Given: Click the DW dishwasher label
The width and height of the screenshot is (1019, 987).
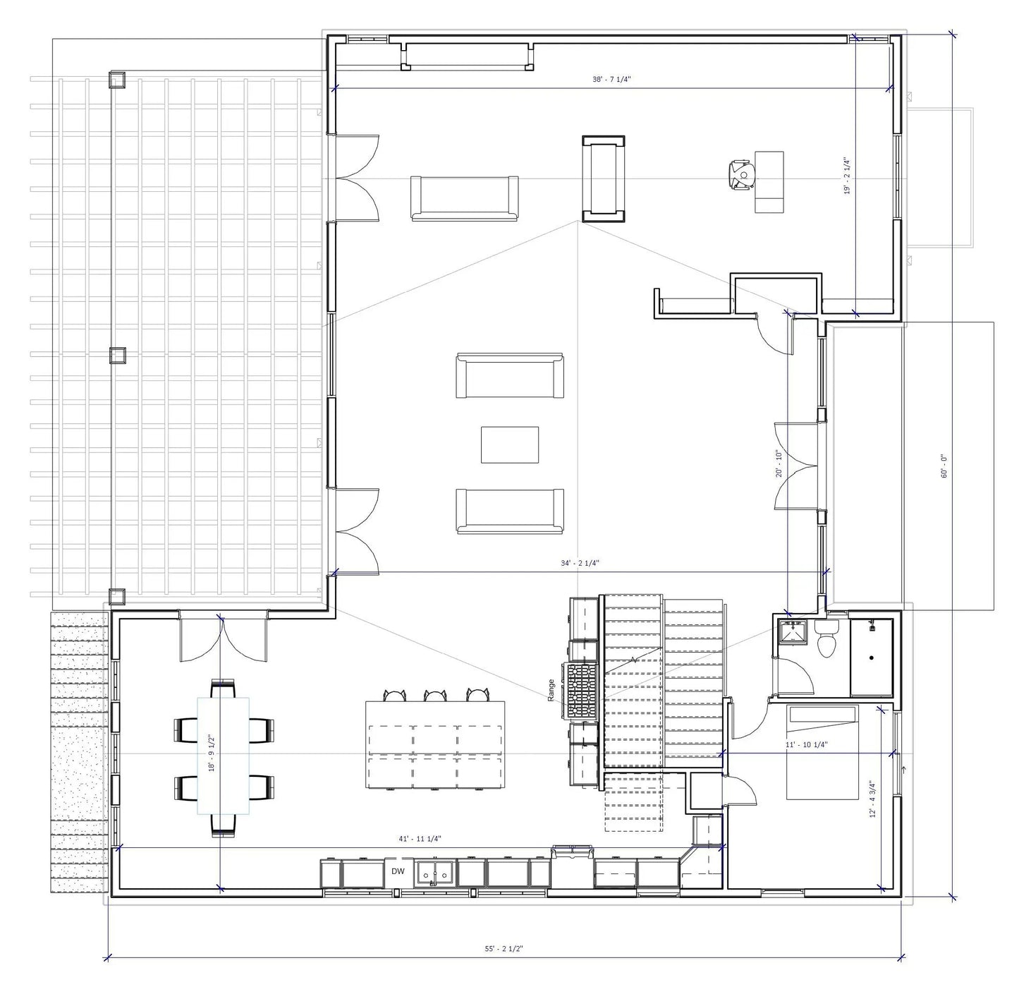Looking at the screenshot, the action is tap(398, 872).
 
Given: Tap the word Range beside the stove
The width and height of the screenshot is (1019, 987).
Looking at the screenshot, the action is tap(551, 691).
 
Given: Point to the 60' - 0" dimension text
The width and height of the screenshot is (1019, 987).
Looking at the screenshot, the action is tap(945, 466).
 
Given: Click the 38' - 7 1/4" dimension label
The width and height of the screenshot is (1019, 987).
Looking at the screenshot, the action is tap(611, 79).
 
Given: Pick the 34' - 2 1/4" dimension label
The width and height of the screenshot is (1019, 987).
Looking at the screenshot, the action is tap(580, 563).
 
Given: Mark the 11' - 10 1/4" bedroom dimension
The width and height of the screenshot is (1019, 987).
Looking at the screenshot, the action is tap(807, 744).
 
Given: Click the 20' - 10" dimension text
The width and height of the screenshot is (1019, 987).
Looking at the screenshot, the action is tap(779, 464).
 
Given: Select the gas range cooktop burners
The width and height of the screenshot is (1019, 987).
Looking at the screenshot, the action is tap(581, 691).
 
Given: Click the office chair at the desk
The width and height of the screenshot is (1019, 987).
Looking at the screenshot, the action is tap(742, 175).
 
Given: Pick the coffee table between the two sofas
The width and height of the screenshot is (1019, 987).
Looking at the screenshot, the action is tap(509, 444).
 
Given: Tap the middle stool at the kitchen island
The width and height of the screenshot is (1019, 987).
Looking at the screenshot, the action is tap(435, 696).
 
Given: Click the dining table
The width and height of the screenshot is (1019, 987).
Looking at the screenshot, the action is tap(223, 756).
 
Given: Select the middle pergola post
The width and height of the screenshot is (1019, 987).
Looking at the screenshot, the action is tap(118, 355).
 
